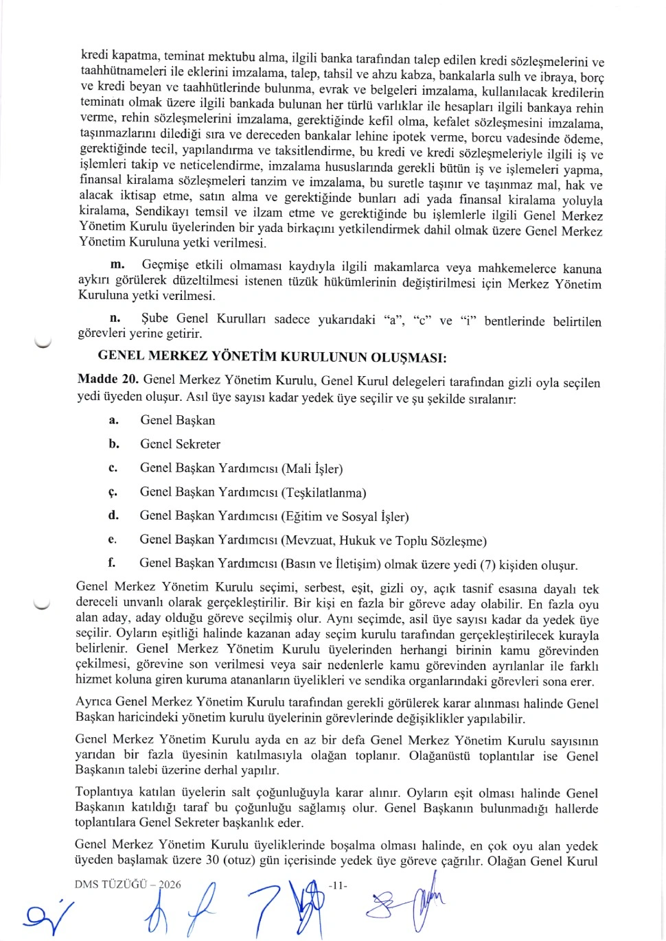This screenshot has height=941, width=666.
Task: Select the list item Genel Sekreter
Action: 180,444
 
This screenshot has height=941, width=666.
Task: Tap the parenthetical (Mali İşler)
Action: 312,469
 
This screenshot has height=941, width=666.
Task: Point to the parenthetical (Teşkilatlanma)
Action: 323,493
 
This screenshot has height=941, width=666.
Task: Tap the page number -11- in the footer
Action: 338,885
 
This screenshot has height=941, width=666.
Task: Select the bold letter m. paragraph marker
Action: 117,265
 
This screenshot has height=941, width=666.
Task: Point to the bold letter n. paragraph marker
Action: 115,318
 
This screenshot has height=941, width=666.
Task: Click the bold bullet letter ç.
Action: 113,492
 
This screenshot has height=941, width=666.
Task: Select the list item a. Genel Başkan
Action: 177,420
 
